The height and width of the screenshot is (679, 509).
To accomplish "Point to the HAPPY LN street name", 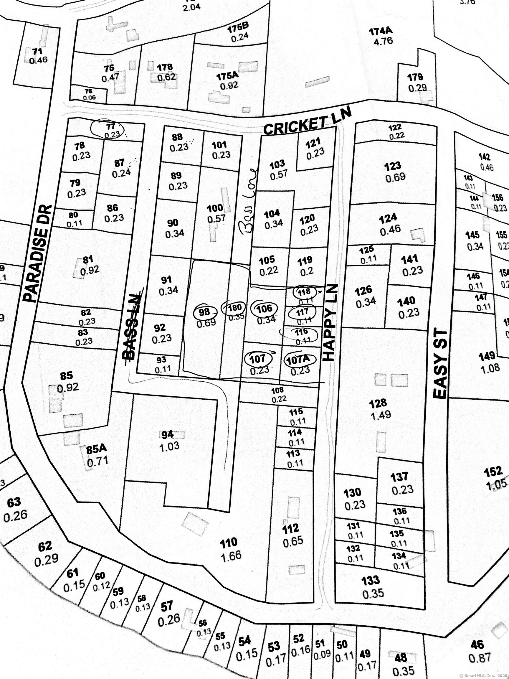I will tap(330, 323).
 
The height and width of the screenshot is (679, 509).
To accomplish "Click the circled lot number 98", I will tap(204, 312).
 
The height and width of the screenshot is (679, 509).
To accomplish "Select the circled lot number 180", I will tap(235, 307).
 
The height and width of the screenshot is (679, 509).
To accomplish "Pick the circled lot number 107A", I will tap(298, 360).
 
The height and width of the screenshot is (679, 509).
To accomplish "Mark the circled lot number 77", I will tap(110, 126).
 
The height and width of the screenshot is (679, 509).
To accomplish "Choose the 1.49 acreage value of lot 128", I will tap(381, 415).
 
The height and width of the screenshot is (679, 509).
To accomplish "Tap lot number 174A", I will tap(381, 31).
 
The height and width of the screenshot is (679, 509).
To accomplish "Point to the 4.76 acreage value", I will tap(383, 41).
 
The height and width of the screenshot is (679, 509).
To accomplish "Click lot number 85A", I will tap(96, 449).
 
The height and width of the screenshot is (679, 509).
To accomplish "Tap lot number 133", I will tap(371, 580).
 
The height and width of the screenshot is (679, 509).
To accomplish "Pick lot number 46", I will tap(477, 645).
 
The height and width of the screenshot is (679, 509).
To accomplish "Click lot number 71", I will tap(37, 51).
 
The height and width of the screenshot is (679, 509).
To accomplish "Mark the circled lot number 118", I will tap(304, 291).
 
